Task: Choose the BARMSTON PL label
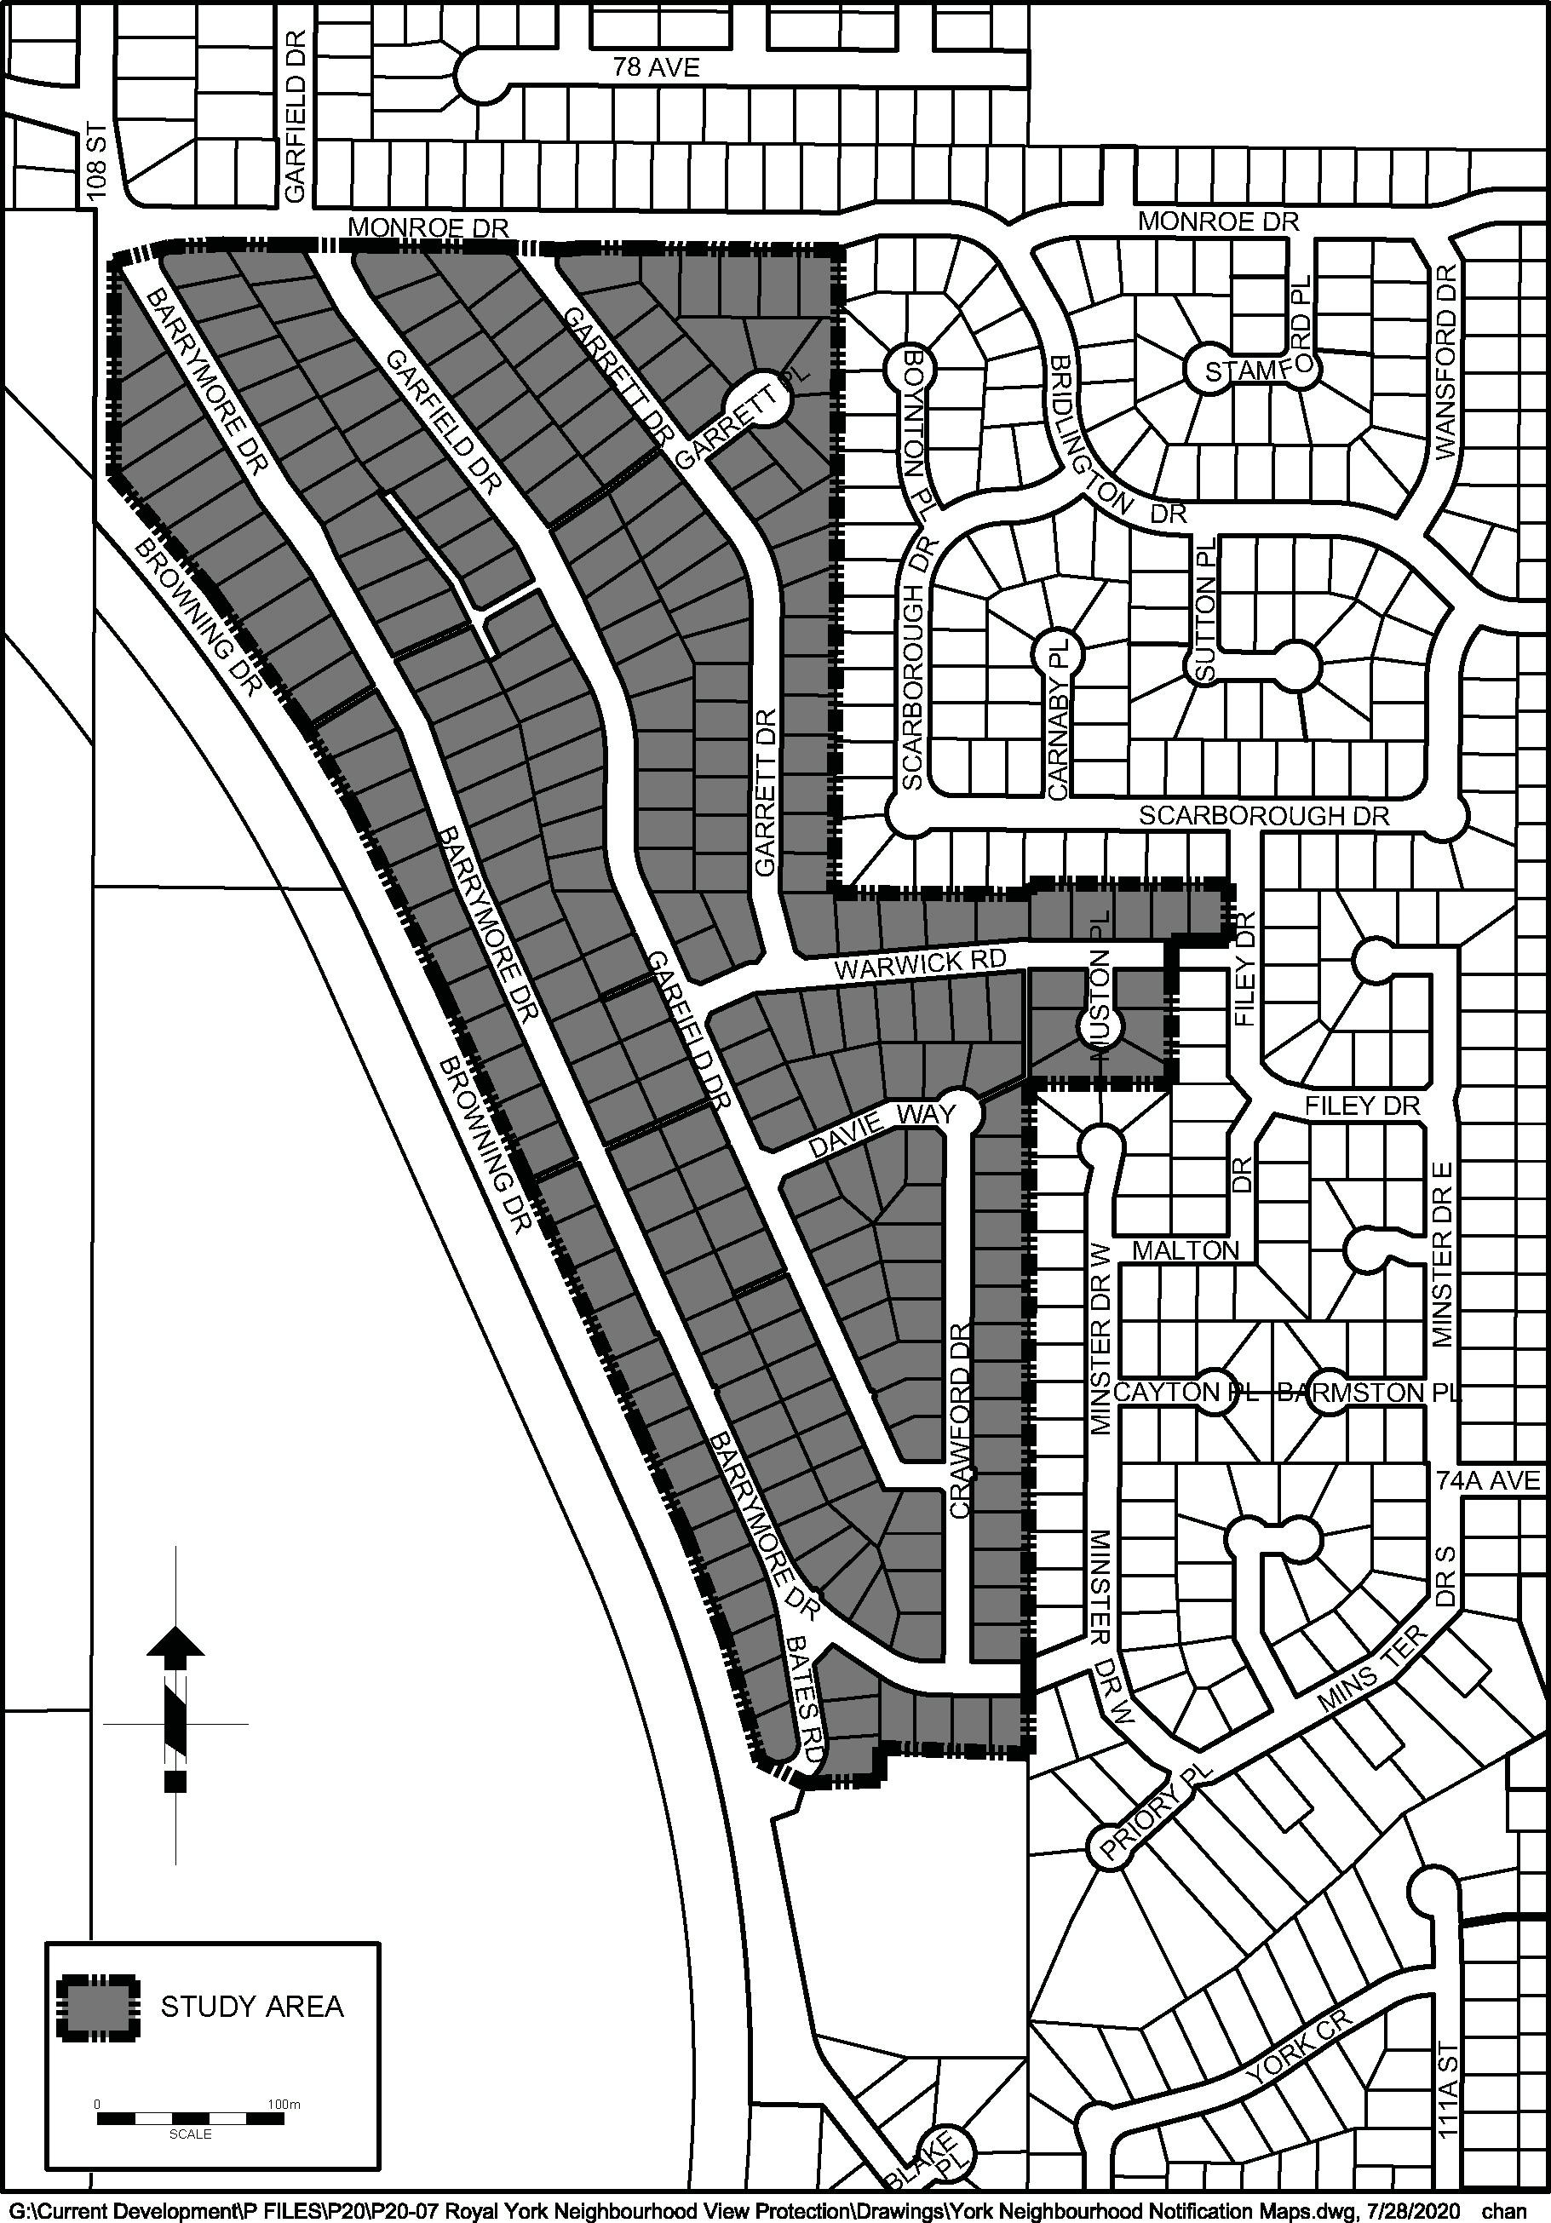click(x=1366, y=1393)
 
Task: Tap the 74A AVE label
click(x=1487, y=1480)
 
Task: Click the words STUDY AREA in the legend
click(x=252, y=2008)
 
